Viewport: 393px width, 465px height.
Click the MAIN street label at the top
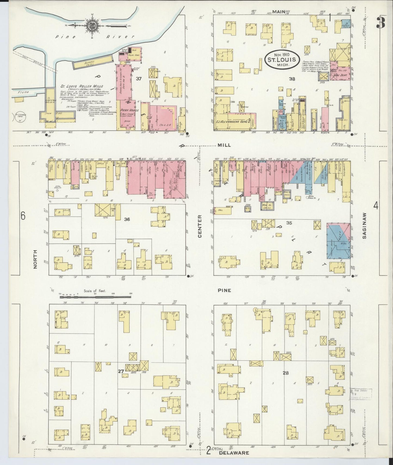tap(278, 12)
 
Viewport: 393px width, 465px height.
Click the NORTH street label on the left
tap(35, 259)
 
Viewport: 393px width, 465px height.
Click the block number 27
tap(121, 371)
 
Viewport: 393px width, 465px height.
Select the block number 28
tap(285, 373)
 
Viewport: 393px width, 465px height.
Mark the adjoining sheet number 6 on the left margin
tap(23, 216)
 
